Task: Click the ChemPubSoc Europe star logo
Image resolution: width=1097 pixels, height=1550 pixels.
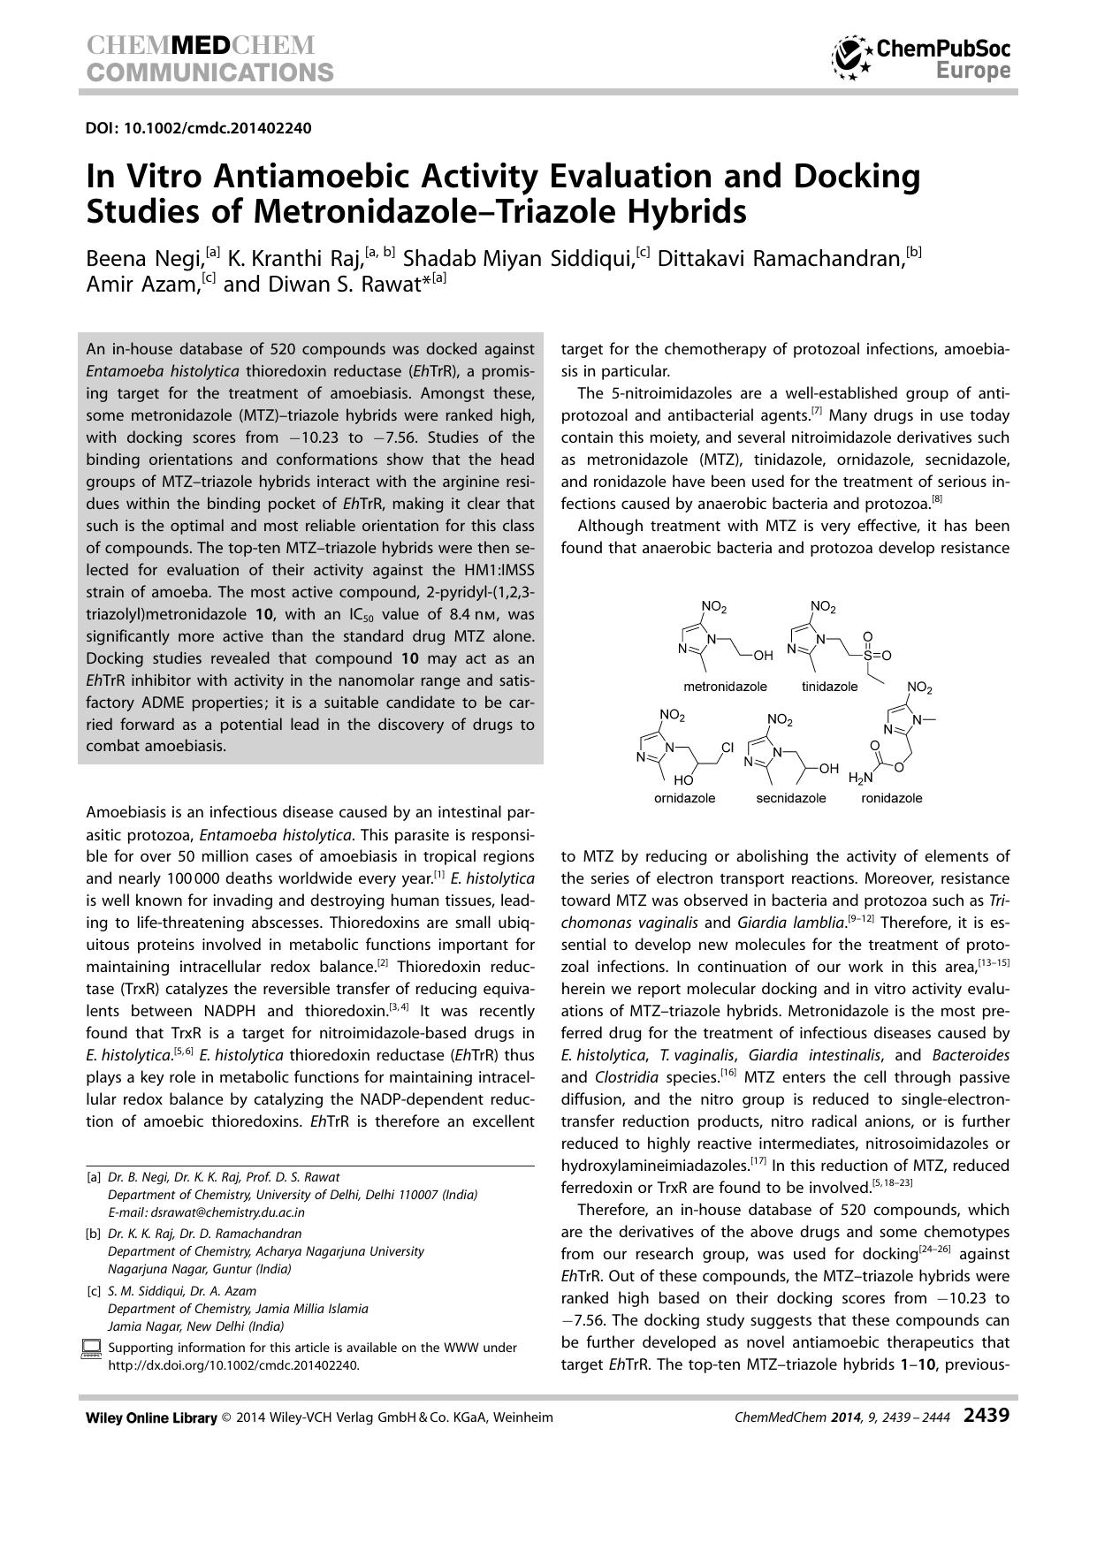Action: point(851,58)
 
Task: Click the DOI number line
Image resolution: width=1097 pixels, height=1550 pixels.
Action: point(198,128)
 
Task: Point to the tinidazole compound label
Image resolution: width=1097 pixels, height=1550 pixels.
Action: point(829,687)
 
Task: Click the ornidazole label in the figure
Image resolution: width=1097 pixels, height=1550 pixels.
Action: point(684,798)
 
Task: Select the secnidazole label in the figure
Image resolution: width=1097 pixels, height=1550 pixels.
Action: point(790,798)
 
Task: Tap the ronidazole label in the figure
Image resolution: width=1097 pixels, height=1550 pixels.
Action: point(891,798)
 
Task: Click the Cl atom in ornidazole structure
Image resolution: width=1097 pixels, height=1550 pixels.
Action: point(727,748)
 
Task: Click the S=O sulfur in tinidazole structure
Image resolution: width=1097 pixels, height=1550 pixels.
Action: point(867,656)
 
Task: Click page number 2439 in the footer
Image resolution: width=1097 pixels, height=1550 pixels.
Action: point(986,1416)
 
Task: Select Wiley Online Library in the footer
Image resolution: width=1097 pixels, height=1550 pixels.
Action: point(151,1417)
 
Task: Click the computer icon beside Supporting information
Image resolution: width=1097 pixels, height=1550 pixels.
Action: point(91,1349)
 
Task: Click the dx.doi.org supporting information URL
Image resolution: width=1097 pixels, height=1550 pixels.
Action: point(233,1364)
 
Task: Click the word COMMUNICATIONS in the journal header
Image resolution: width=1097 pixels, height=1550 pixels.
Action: point(210,72)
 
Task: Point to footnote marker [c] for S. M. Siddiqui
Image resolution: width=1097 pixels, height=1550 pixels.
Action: point(93,1291)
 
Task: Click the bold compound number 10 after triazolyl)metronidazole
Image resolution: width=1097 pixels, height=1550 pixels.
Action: point(265,614)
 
